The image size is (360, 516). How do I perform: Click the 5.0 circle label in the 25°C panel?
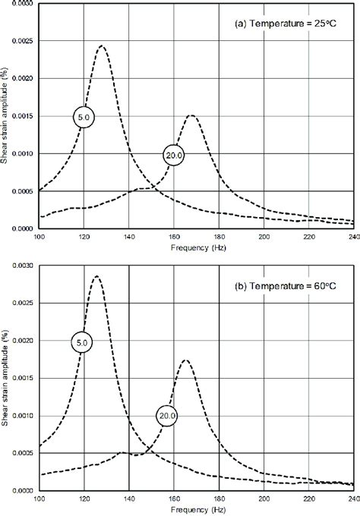pyautogui.click(x=84, y=117)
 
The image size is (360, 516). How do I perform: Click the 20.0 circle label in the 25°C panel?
pyautogui.click(x=174, y=154)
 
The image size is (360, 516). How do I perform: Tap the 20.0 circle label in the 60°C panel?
pyautogui.click(x=168, y=415)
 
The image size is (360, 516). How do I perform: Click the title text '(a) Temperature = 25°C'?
pyautogui.click(x=291, y=23)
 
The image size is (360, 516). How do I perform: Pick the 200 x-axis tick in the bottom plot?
pyautogui.click(x=264, y=499)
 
